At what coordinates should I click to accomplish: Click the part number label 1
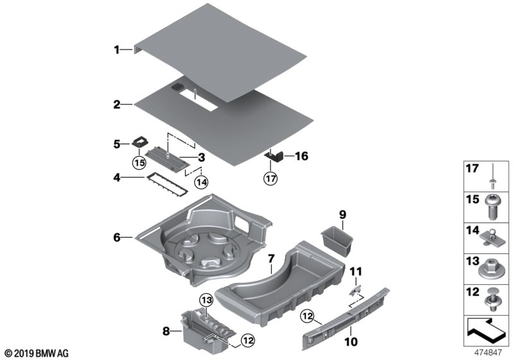[117, 49]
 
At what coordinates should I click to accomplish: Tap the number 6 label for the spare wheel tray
[117, 237]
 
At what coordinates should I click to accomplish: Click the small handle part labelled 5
[141, 143]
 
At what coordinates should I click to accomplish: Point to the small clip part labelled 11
[356, 290]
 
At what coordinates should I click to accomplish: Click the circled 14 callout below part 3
[202, 183]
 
